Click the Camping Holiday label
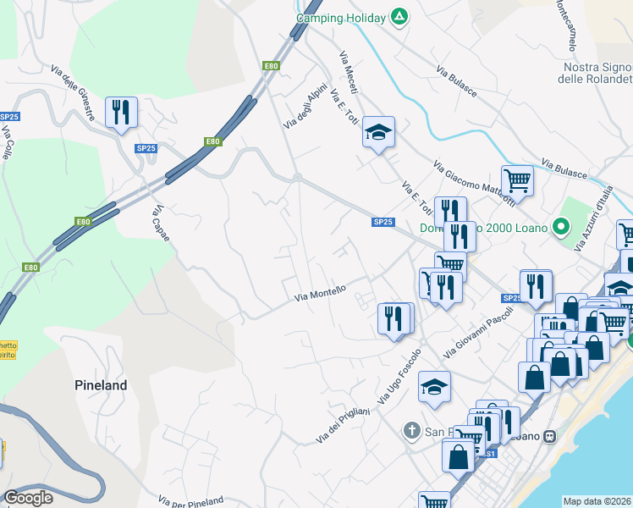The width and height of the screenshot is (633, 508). click(341, 18)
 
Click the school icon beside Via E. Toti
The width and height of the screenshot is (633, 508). click(378, 131)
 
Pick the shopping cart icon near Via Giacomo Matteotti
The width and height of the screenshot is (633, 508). click(517, 179)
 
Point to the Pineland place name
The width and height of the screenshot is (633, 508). click(99, 385)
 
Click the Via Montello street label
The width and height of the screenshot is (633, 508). click(320, 293)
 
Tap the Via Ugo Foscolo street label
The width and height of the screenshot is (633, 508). click(405, 375)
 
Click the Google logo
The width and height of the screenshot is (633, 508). click(29, 498)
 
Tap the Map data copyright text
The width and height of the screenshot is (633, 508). click(597, 501)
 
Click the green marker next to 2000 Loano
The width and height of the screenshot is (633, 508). click(559, 227)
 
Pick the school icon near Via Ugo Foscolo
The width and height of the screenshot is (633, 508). click(435, 386)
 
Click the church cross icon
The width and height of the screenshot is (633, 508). click(412, 432)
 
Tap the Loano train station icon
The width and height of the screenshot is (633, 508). click(550, 437)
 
